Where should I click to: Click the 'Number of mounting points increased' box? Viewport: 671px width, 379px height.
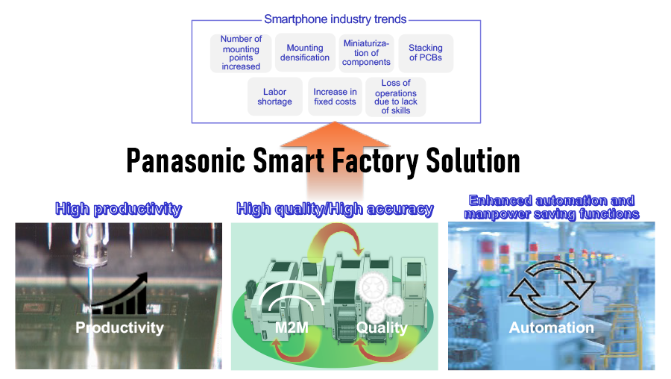242,53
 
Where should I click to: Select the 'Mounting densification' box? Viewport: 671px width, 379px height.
305,53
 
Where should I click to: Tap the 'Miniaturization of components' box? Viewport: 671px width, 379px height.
366,53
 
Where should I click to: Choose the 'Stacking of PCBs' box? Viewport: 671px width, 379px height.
426,53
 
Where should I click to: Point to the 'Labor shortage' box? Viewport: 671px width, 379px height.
274,97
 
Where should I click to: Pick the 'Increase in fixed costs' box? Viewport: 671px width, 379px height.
335,97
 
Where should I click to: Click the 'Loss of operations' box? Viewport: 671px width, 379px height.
396,97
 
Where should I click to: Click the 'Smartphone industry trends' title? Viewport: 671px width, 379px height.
335,19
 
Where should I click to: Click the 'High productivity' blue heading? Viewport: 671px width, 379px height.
119,209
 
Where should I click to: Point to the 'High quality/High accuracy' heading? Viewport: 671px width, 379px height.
335,209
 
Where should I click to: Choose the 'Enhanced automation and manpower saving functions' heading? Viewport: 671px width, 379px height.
551,207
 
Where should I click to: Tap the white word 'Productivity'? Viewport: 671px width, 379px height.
119,328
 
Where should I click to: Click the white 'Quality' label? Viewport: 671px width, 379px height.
382,328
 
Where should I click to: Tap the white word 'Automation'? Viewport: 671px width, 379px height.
552,328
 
